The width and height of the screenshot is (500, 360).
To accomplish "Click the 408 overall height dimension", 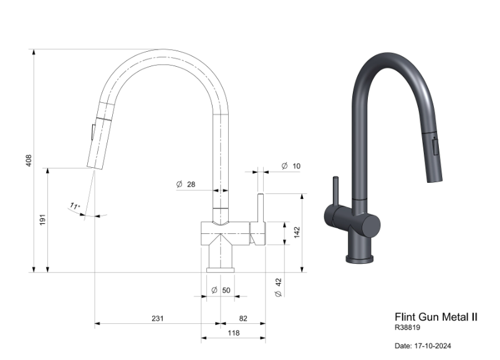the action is click(29, 160).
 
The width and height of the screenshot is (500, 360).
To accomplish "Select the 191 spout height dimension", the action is click(42, 220).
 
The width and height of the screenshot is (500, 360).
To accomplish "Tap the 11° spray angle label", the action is click(75, 206).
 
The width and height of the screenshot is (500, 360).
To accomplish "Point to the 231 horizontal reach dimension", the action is click(158, 318).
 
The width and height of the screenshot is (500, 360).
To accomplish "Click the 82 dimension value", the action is click(243, 318).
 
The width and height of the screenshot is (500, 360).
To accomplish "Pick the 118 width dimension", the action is click(233, 333).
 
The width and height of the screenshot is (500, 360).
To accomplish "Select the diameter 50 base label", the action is click(221, 290).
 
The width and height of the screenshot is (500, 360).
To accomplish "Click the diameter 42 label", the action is click(278, 287).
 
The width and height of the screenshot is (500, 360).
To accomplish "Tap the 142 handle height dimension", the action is click(297, 232).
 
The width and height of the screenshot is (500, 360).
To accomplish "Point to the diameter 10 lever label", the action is click(291, 166).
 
